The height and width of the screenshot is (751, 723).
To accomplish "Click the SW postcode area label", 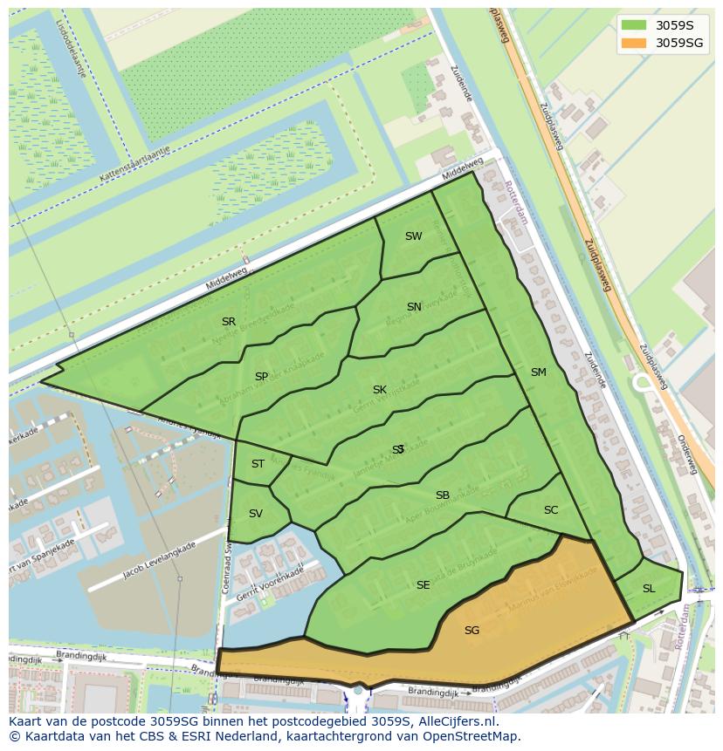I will click(413, 236).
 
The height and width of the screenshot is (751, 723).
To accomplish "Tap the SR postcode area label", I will click(229, 322).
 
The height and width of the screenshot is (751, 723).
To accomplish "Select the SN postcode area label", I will click(414, 307).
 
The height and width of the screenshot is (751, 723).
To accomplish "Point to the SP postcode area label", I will click(261, 377).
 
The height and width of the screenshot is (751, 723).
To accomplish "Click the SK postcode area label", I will click(379, 390).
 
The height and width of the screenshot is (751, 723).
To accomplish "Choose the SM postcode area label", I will click(538, 372).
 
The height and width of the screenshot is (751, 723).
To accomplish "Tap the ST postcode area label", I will click(258, 464).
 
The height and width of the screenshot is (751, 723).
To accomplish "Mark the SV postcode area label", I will click(255, 514).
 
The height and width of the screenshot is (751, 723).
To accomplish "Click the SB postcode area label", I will click(442, 495).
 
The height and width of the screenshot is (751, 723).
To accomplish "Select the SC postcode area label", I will click(550, 510).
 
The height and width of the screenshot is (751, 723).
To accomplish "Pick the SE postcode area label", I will click(423, 585).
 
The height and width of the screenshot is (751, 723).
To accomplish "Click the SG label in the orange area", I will click(472, 631).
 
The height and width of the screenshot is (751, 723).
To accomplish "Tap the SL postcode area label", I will click(648, 589).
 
